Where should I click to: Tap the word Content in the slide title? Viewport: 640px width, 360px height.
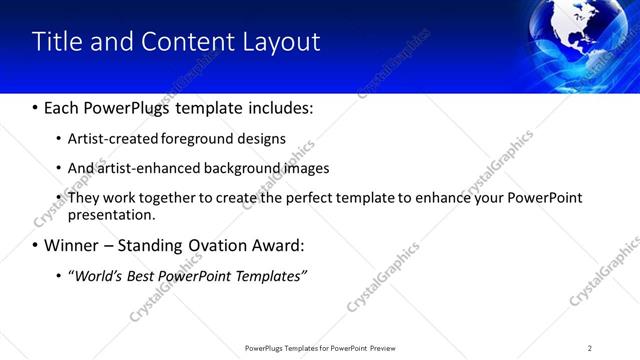pyautogui.click(x=182, y=42)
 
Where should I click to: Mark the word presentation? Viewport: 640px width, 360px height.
pyautogui.click(x=111, y=214)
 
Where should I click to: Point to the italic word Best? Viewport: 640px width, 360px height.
pyautogui.click(x=139, y=275)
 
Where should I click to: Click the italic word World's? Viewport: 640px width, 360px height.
pyautogui.click(x=96, y=275)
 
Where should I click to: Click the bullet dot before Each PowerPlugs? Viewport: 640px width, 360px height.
pyautogui.click(x=35, y=107)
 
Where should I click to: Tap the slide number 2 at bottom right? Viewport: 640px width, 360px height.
pyautogui.click(x=590, y=348)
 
